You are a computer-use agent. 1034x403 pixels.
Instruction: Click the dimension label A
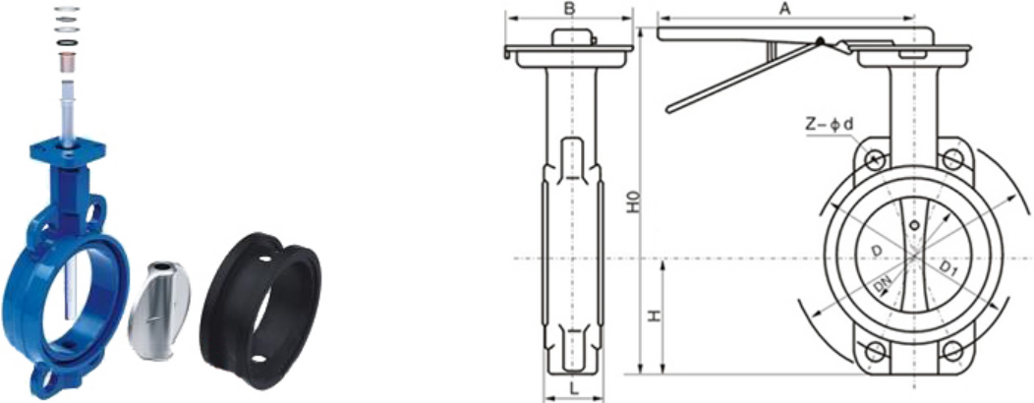pyautogui.click(x=784, y=8)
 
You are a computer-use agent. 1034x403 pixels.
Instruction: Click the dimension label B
pyautogui.click(x=570, y=8)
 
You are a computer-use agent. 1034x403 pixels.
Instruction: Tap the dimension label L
pyautogui.click(x=574, y=390)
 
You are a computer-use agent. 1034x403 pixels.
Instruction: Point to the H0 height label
pyautogui.click(x=633, y=201)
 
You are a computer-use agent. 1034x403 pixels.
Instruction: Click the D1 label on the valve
pyautogui.click(x=948, y=267)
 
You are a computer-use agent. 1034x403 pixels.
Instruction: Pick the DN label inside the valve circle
pyautogui.click(x=883, y=285)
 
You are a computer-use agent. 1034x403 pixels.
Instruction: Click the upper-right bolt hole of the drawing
pyautogui.click(x=951, y=159)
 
